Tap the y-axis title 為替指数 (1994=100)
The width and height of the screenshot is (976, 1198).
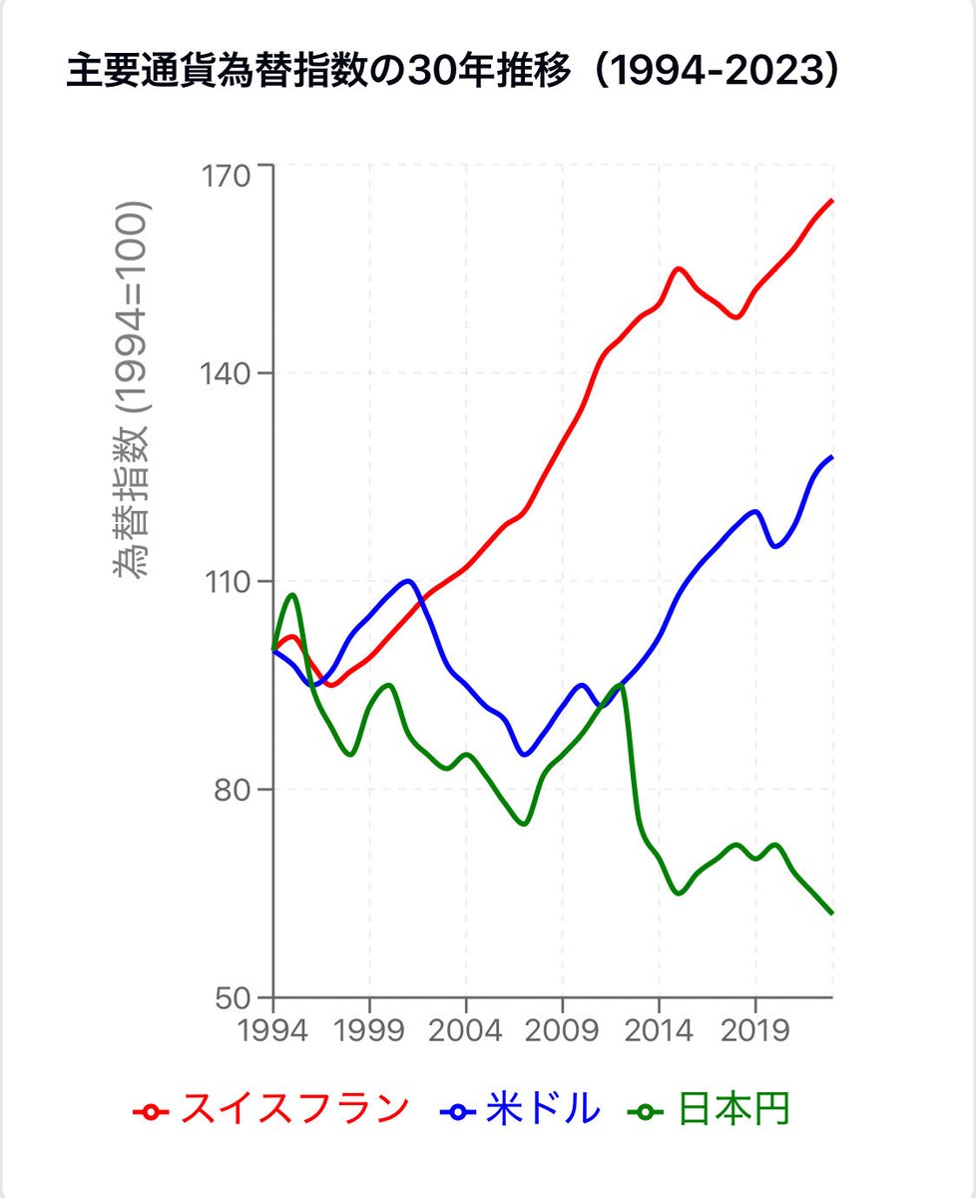click(x=131, y=390)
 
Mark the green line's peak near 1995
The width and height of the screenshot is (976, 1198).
click(x=292, y=595)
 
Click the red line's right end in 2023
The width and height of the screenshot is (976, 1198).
click(x=831, y=201)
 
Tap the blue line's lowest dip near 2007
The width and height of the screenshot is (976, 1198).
click(x=525, y=755)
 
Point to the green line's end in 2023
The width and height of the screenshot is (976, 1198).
click(x=831, y=912)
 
